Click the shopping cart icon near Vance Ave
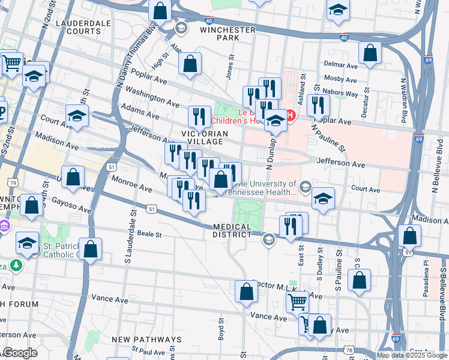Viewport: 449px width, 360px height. point(297,302)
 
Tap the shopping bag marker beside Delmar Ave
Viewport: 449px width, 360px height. point(370,52)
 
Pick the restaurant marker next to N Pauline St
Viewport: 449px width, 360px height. point(318,105)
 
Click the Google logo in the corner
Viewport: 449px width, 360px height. point(20,353)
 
